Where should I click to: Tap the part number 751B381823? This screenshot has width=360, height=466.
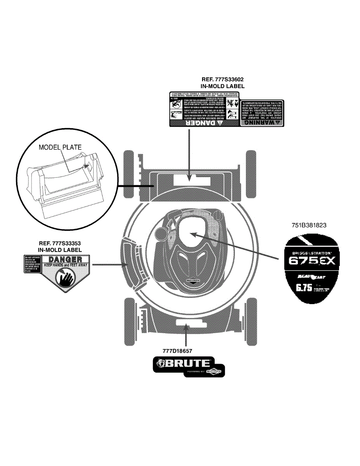(x=310, y=224)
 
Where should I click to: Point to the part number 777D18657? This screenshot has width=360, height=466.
(x=178, y=350)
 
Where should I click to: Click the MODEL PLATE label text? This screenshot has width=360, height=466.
(x=60, y=148)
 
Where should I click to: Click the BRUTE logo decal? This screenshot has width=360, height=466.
(x=188, y=366)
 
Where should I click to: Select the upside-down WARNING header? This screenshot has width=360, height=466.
(x=263, y=122)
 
